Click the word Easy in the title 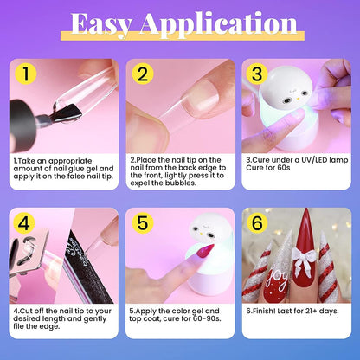pos(109,23)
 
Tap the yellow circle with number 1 pos(28,75)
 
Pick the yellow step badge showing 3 pos(258,75)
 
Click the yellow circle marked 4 pos(28,223)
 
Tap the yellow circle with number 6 pos(258,223)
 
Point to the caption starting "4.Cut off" pos(61,316)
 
